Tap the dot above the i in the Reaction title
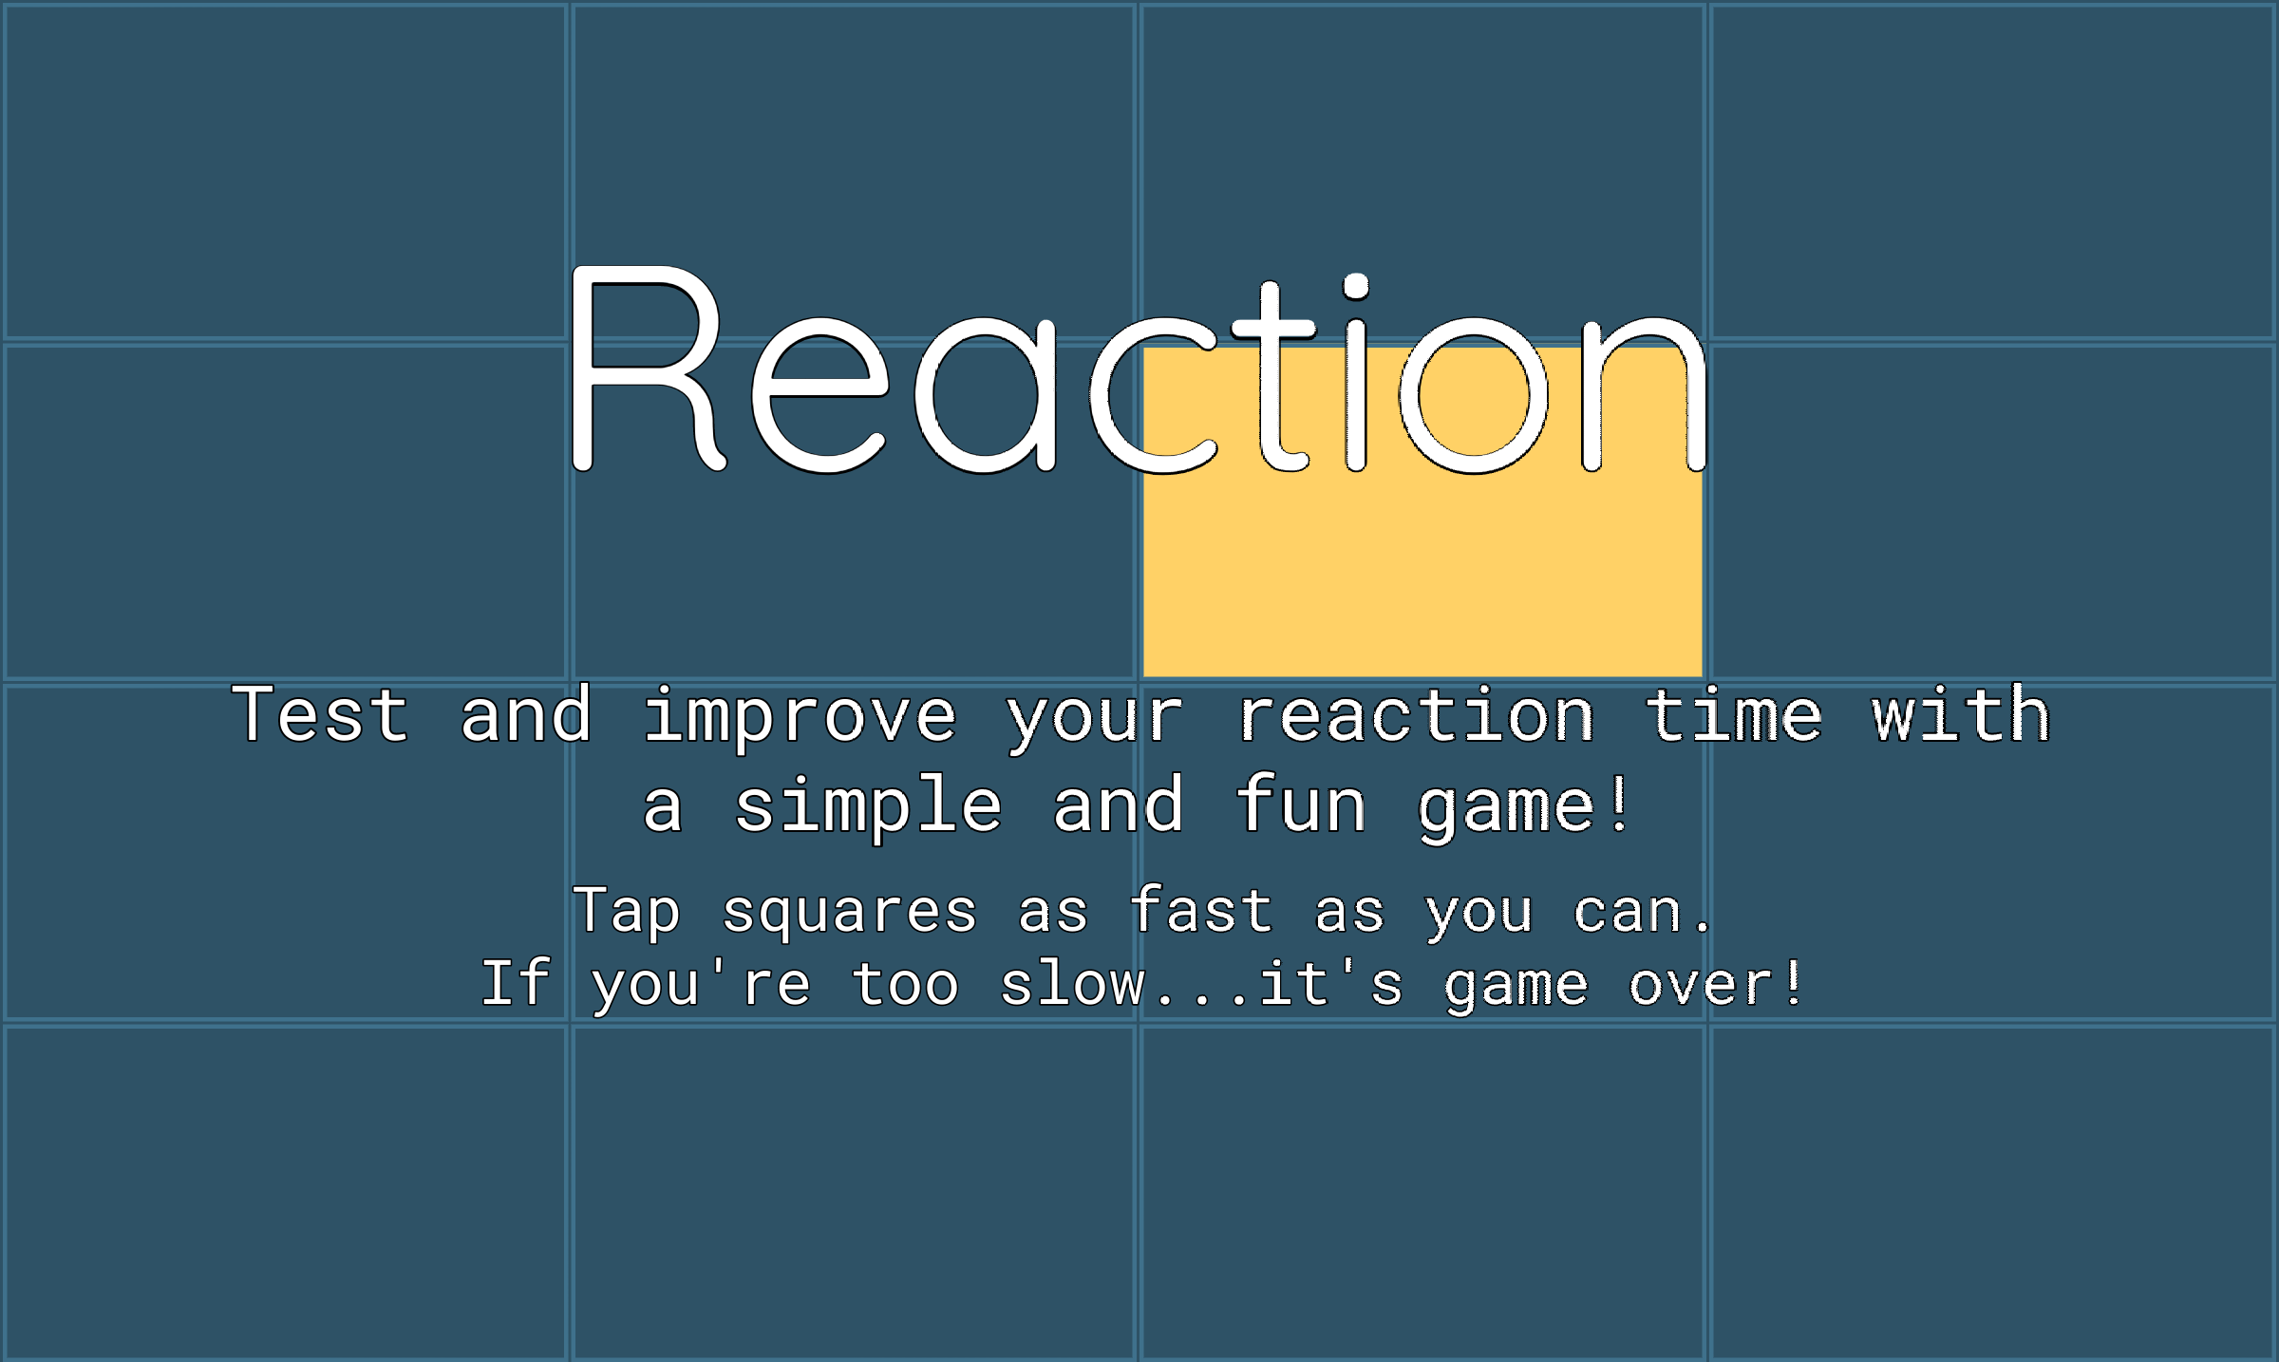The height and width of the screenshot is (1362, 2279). [x=1356, y=286]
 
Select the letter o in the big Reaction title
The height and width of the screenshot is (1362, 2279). [x=1474, y=395]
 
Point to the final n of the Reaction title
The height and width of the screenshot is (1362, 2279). [x=1644, y=395]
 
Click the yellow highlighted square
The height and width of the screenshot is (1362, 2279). [x=1422, y=570]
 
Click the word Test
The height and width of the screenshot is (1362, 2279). [x=320, y=714]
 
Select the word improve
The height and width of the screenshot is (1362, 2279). [x=800, y=716]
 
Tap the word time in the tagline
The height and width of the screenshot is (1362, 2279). [x=1733, y=714]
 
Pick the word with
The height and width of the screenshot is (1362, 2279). [x=1961, y=714]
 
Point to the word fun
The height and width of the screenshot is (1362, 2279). [x=1300, y=804]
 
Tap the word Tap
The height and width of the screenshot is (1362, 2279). [x=627, y=913]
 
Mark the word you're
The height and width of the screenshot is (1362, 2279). [x=701, y=985]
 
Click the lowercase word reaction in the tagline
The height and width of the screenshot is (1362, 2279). [x=1416, y=716]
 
